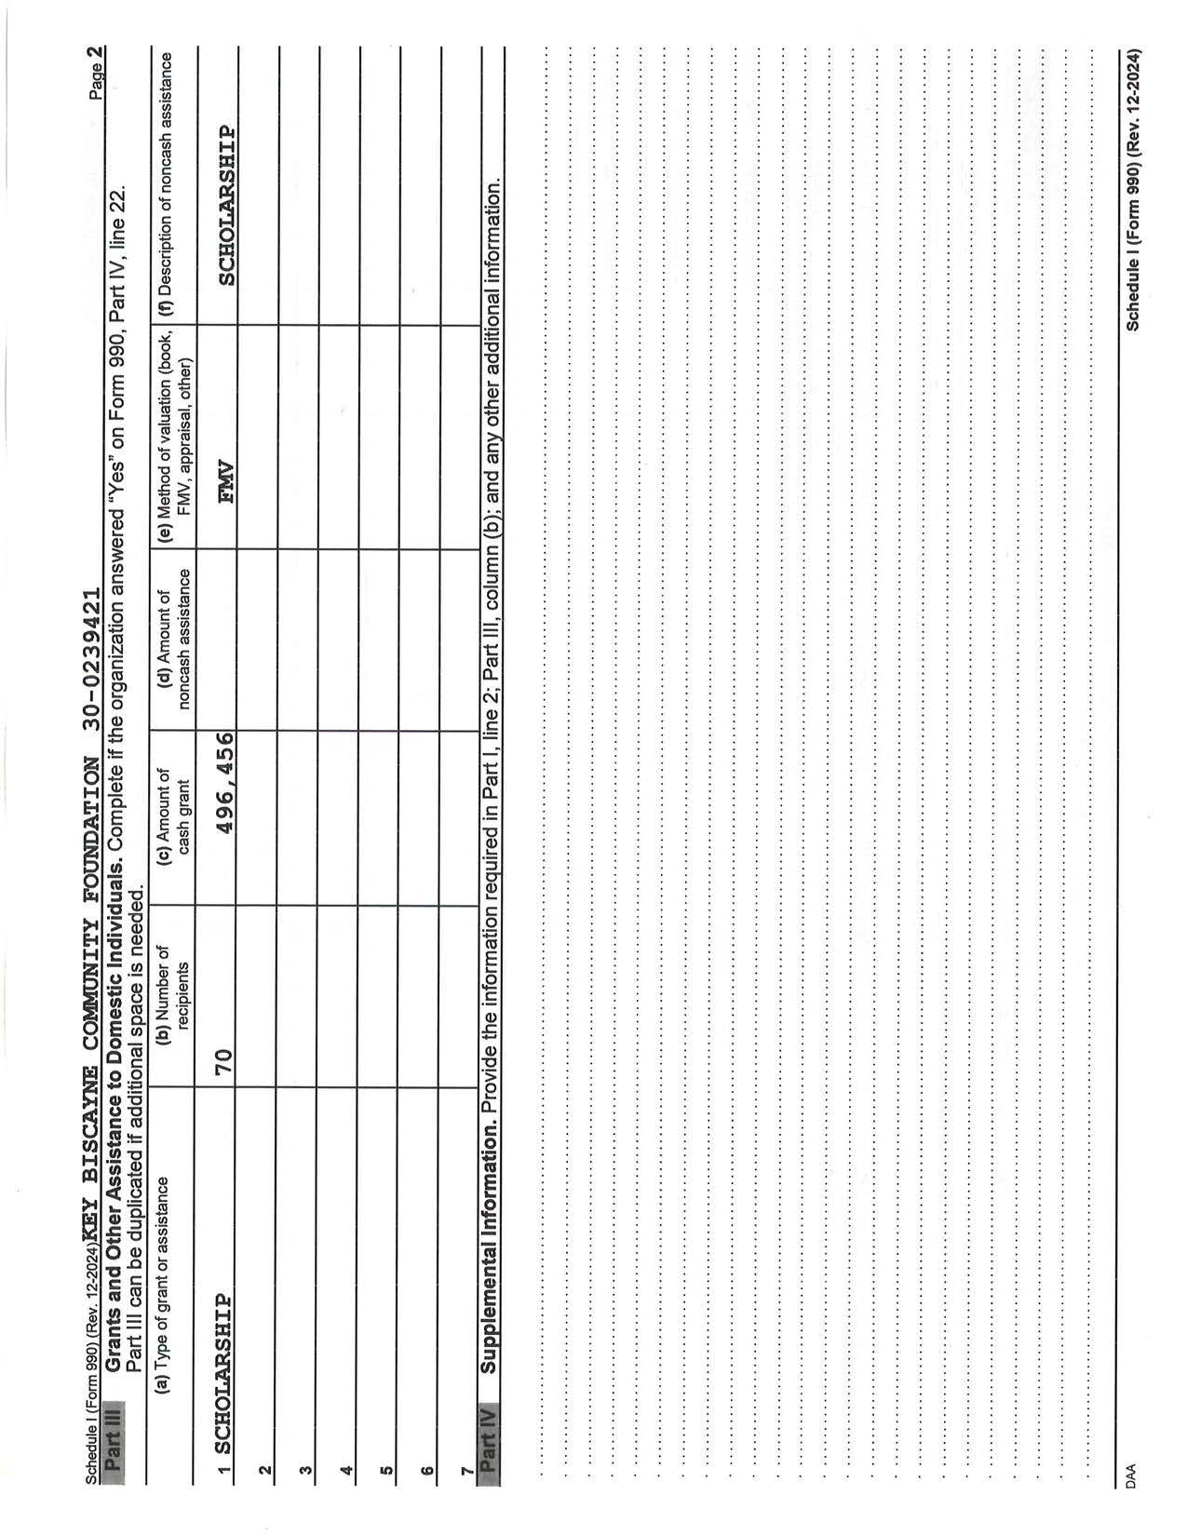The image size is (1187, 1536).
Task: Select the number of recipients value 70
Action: [x=223, y=1058]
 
